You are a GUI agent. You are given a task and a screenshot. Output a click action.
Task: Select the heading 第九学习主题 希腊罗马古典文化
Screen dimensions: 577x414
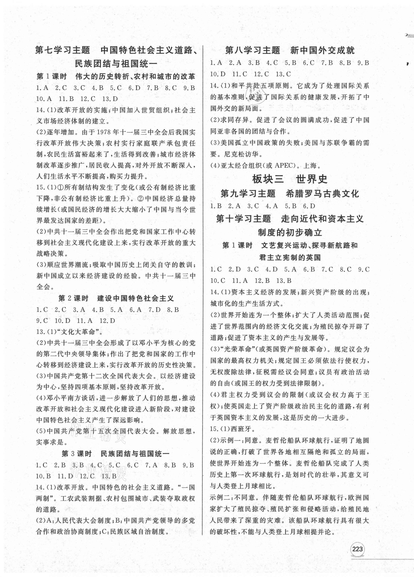tap(290, 194)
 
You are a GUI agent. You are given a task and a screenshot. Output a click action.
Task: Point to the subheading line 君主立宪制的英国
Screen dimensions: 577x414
tap(290, 257)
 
